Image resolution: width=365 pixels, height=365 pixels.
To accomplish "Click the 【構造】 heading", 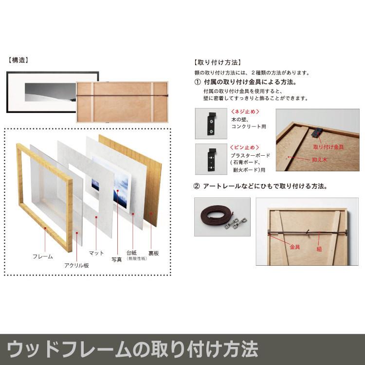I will click(18, 61).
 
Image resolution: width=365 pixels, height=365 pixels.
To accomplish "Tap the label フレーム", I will click(42, 256).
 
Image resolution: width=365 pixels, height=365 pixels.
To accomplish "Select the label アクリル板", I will click(76, 265).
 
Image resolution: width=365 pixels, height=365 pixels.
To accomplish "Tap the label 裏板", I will click(153, 253).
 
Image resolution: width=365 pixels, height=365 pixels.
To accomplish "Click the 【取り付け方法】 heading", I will click(217, 63).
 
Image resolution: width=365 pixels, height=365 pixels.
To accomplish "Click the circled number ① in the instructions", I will click(198, 82).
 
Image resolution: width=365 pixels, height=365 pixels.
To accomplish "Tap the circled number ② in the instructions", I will click(197, 186).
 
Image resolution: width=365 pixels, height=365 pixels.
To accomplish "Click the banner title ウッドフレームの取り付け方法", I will click(132, 349).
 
